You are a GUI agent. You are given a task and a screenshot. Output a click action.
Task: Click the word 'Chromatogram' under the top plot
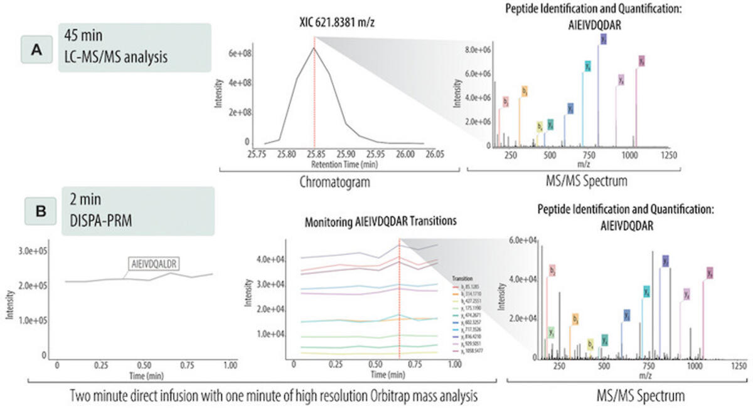(x=332, y=182)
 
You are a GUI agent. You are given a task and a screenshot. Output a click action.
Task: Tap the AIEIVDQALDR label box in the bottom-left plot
(x=154, y=264)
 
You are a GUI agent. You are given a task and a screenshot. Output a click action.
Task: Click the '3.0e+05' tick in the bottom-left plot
(x=36, y=251)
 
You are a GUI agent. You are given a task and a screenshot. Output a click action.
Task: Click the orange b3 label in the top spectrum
(x=524, y=91)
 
